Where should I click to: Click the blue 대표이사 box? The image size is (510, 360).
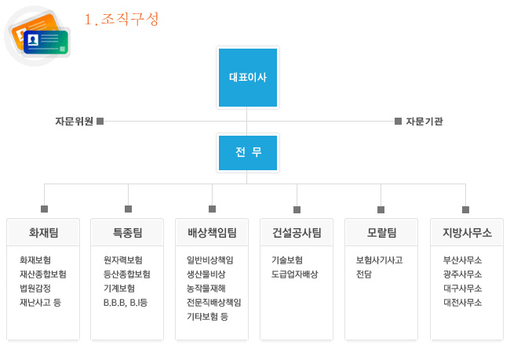[x=248, y=78]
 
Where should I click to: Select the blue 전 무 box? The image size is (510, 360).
[x=248, y=152]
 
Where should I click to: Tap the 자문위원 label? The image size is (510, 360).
[x=75, y=122]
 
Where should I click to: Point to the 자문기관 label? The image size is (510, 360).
[x=424, y=122]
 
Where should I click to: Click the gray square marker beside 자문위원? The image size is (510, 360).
[x=100, y=122]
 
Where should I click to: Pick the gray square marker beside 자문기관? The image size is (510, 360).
[x=398, y=122]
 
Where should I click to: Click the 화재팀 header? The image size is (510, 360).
[x=43, y=232]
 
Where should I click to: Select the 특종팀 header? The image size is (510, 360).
[x=127, y=232]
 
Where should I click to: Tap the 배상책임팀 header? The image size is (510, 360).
[x=212, y=232]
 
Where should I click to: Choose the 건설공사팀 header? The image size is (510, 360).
[x=297, y=232]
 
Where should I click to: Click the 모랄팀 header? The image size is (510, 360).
[x=381, y=232]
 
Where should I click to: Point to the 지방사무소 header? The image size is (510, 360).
[x=467, y=232]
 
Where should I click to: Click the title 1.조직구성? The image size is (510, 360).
[x=122, y=19]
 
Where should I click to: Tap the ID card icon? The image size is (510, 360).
[x=38, y=36]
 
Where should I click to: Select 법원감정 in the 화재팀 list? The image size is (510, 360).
[x=35, y=289]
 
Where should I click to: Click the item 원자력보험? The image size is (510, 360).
[x=123, y=260]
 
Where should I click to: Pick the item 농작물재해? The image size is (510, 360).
[x=206, y=289]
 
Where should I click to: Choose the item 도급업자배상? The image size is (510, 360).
[x=295, y=275]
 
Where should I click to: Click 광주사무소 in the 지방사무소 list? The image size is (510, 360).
[x=462, y=275]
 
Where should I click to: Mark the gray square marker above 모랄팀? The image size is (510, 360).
[x=381, y=209]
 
